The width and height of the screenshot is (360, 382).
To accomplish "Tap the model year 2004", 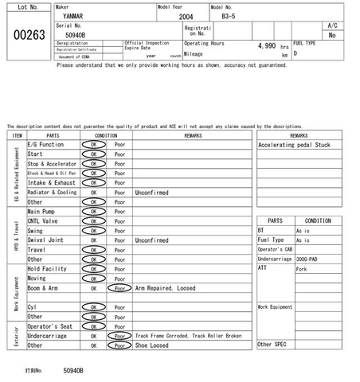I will coord(185,15).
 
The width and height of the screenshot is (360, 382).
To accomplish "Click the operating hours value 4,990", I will coord(264,46).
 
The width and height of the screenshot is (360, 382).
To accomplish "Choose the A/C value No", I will coord(332,35).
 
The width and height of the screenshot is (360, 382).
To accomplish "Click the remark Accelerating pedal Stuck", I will coord(294,146).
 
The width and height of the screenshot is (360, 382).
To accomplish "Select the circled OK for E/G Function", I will coord(93,145).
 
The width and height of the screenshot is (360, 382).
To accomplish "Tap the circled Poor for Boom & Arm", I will coord(119,288).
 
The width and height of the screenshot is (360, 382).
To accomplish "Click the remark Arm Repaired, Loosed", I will coord(164,288).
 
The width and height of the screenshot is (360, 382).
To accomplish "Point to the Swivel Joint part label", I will coord(46,240).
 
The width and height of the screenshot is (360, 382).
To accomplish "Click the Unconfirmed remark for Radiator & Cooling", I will coord(152,193).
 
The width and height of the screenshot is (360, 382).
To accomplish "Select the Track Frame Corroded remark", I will coord(188,336).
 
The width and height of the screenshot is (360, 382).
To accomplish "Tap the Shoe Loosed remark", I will coord(152,345).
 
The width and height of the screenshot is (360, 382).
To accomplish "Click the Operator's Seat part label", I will coord(50,326).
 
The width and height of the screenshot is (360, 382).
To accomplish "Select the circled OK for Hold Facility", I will coord(93,269).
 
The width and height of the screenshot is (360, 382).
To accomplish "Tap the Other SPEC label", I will coord(271,344).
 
